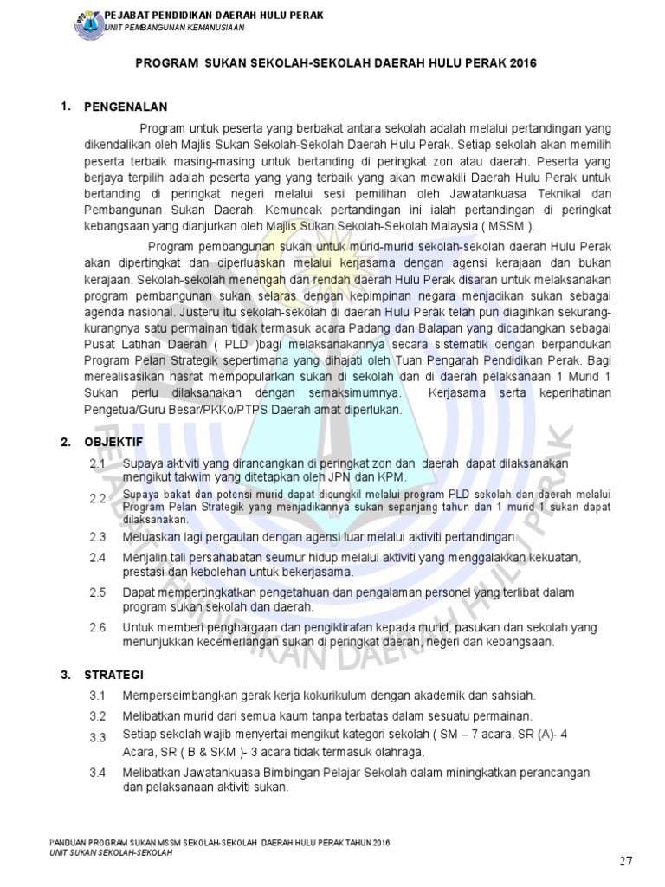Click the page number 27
point(627,861)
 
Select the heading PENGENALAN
point(125,107)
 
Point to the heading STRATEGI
point(113,675)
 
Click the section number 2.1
point(97,464)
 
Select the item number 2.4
point(97,556)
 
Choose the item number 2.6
point(97,626)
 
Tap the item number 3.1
point(97,696)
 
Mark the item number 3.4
point(97,771)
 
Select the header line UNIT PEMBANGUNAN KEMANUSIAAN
point(174,28)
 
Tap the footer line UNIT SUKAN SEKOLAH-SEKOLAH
point(112,853)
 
